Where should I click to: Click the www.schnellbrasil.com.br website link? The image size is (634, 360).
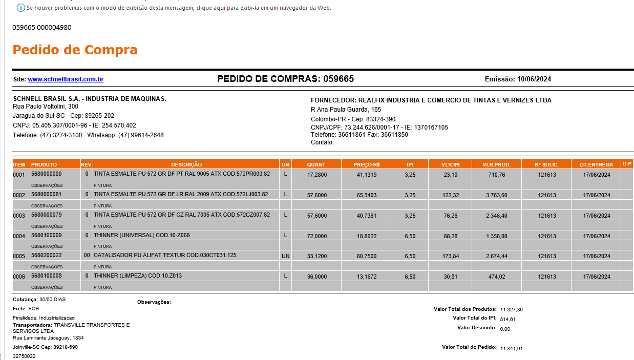66,79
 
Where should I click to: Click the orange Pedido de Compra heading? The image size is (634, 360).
75,50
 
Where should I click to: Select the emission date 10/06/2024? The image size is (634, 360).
534,79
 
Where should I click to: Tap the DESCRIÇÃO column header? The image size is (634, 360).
186,164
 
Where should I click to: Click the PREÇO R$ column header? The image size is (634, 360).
366,164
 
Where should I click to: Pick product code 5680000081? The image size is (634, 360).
46,194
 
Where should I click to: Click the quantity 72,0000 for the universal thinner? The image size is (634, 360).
316,236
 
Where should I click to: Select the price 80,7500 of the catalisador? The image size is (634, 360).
366,256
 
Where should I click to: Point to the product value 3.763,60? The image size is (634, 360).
496,195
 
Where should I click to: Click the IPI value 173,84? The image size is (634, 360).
450,256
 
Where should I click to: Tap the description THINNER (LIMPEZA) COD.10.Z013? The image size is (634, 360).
138,276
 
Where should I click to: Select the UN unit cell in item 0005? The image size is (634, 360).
285,256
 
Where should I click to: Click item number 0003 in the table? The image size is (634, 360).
19,216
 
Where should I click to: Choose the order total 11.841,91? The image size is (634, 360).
511,348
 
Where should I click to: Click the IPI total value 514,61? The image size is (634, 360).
508,319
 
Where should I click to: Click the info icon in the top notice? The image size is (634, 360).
21,8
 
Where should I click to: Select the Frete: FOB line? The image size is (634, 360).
26,309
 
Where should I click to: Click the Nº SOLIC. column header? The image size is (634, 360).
546,164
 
